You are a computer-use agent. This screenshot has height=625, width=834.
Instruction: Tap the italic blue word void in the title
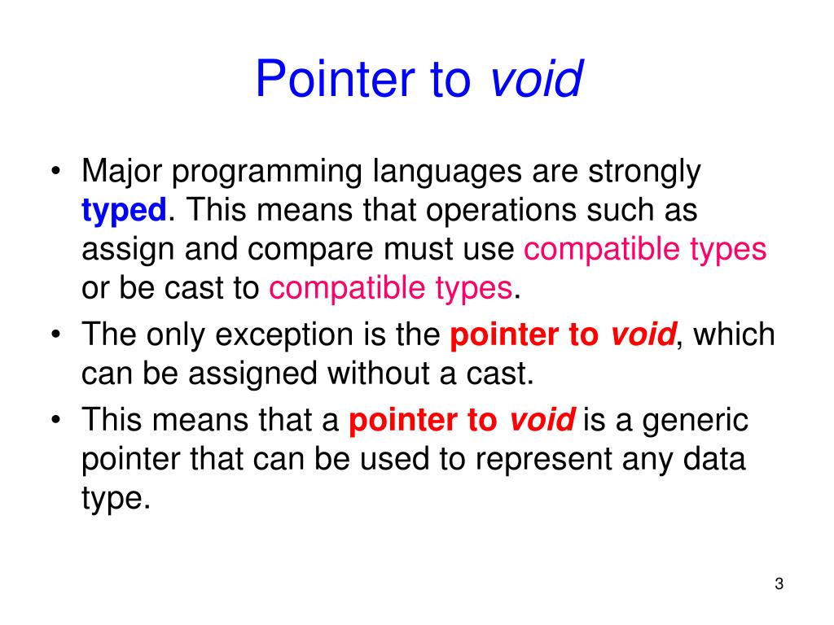[537, 80]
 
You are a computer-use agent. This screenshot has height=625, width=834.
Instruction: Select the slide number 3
[779, 584]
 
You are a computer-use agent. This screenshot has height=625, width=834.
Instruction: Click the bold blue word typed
[124, 212]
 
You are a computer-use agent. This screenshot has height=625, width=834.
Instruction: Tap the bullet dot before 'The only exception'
[55, 336]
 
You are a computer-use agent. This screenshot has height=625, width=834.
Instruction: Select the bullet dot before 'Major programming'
[55, 173]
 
